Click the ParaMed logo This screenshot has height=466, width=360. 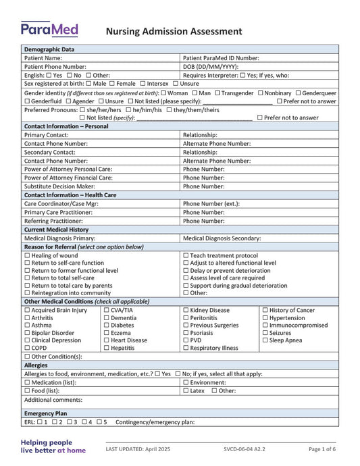point(49,29)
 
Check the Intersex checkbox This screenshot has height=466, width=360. point(142,84)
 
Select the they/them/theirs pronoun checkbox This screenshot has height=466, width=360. point(170,109)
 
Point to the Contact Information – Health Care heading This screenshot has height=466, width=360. point(70,195)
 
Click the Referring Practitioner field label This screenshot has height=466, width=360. point(58,221)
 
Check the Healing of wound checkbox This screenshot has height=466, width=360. point(27,255)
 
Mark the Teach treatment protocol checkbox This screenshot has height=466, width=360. point(186,255)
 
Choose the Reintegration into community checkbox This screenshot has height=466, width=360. point(27,292)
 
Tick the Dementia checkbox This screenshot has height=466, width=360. point(106,317)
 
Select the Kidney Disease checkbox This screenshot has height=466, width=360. point(186,310)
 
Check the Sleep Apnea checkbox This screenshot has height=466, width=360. point(265,340)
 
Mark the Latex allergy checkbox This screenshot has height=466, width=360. point(186,390)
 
